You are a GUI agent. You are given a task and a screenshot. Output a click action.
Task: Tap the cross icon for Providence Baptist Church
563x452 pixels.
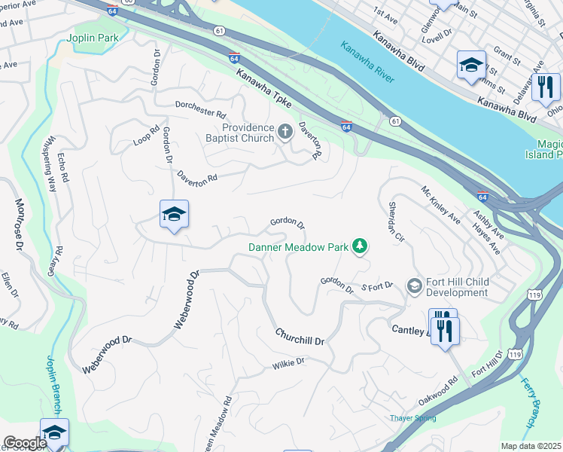[285, 133]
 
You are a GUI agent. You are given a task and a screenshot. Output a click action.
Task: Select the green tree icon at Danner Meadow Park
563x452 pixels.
[361, 246]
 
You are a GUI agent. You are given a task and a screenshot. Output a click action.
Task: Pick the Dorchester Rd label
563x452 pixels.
[201, 109]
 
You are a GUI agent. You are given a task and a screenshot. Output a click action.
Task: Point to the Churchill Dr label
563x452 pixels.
[300, 337]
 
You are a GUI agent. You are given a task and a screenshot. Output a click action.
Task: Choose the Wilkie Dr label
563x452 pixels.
[289, 362]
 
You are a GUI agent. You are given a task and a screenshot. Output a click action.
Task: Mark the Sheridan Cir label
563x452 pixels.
[397, 221]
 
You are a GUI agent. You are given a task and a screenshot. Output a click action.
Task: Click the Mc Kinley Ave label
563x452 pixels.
[440, 206]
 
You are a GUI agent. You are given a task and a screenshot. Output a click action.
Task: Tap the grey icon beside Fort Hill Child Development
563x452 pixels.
[414, 286]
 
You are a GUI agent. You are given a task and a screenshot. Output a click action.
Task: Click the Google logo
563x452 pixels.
[25, 443]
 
